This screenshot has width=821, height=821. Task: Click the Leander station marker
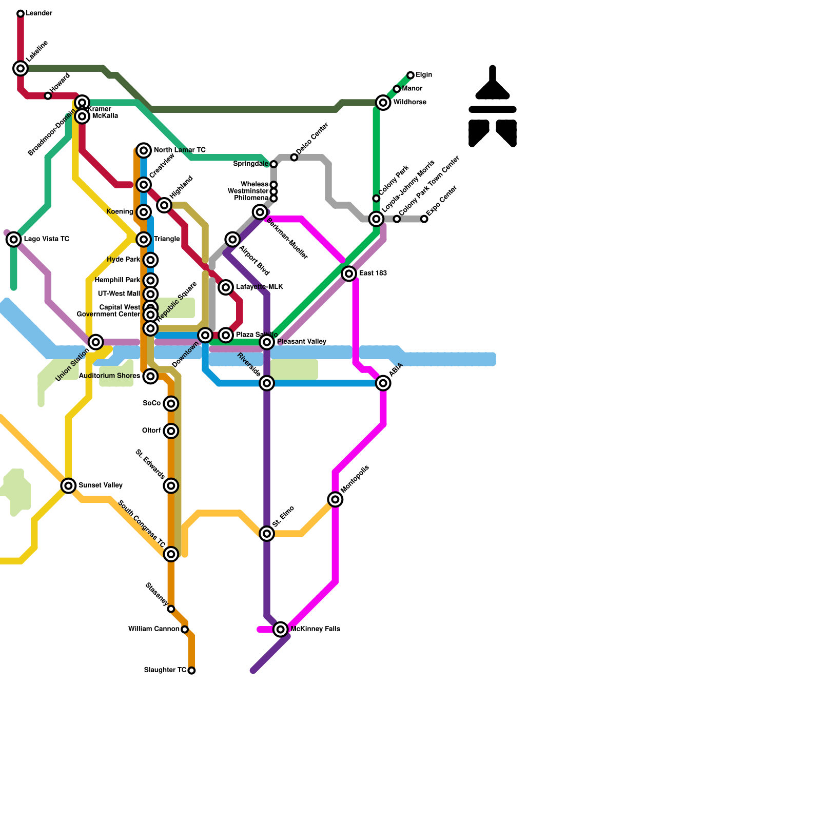pos(21,13)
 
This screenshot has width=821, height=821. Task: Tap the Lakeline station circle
pos(21,68)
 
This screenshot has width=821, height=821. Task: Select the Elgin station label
pos(424,75)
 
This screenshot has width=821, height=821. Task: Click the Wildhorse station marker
pos(383,103)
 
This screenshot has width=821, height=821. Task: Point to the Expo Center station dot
pos(424,219)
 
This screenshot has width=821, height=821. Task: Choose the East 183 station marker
pos(349,273)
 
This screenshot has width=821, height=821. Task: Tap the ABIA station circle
pos(383,383)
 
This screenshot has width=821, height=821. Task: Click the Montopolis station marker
pos(335,499)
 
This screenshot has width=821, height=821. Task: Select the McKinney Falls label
pos(315,629)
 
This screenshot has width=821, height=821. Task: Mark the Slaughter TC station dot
pos(191,671)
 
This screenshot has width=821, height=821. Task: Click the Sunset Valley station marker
pos(68,485)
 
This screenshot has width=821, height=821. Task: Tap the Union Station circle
pos(96,342)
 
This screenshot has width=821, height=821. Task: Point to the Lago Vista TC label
pos(47,239)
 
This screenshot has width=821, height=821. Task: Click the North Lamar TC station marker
pos(144,150)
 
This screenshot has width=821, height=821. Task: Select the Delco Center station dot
pos(294,158)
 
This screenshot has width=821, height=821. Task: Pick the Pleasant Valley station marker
pos(267,342)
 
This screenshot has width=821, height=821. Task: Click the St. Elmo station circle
pos(267,534)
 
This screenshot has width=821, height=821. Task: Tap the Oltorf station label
pos(151,431)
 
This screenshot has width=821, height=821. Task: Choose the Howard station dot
pos(48,96)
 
